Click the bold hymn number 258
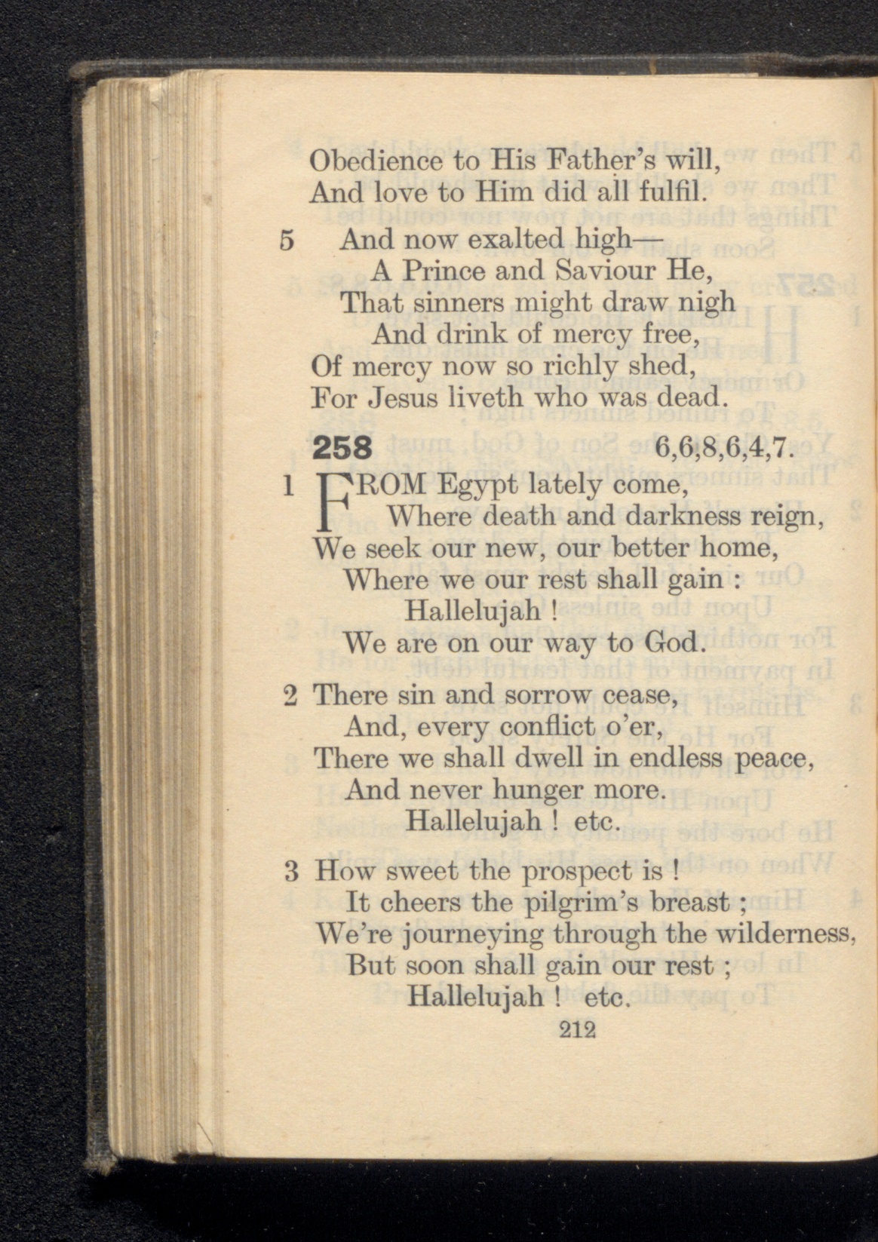(x=342, y=449)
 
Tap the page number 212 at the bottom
(x=578, y=1029)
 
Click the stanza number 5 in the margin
(x=287, y=241)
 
